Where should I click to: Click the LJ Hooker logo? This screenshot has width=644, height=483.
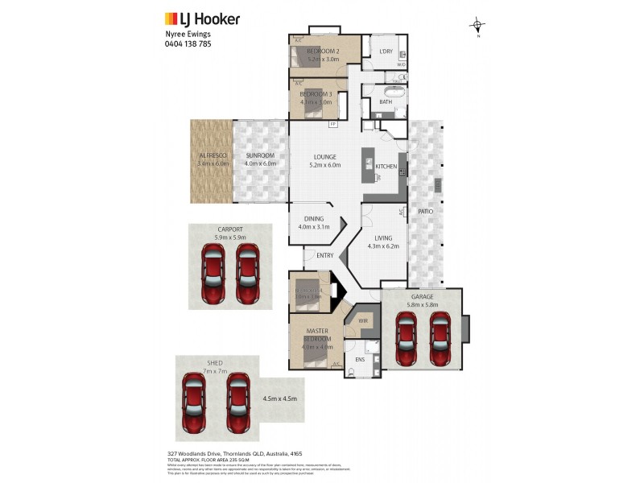coord(202,19)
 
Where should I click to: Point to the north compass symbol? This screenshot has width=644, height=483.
coord(477,27)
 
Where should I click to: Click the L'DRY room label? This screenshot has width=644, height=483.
coord(385,52)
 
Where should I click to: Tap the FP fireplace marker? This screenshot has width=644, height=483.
coord(332,125)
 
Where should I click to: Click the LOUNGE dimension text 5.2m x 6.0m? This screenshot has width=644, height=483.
coord(325,165)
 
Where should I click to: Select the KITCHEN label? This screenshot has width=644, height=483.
coord(386,166)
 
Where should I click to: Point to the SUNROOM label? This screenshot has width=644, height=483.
coord(260,155)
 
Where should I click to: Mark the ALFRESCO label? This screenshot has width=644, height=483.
coord(213,155)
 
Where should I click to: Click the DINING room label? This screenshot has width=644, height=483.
coord(314,218)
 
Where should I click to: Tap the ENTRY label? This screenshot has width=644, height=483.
coord(324,255)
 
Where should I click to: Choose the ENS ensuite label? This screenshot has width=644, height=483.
coord(360,359)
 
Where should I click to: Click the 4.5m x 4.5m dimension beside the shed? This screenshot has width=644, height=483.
coord(279,398)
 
